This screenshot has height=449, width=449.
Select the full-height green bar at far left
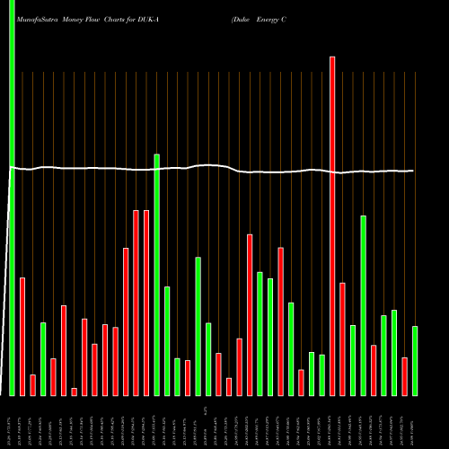coord(12,198)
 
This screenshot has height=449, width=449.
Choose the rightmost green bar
coord(415,360)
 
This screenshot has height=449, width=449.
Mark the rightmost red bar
coord(404,376)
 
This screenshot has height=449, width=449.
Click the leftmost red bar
coord(22,337)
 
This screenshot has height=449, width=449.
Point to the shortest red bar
coord(74,392)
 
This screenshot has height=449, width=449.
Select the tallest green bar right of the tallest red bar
coord(363,305)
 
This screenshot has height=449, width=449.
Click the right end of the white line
coord(412,171)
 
